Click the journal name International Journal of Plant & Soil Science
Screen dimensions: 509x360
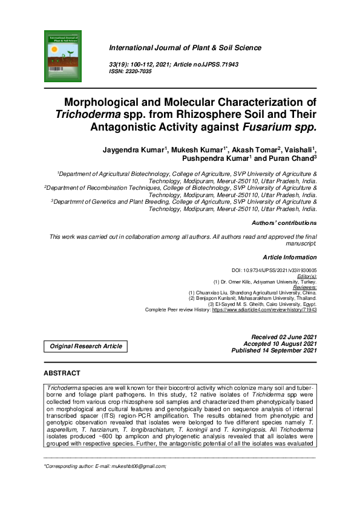(x=185, y=47)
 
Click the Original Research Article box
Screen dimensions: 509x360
(x=85, y=346)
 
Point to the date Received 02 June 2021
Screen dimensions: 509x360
(x=284, y=336)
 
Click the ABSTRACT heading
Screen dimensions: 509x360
(x=62, y=374)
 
